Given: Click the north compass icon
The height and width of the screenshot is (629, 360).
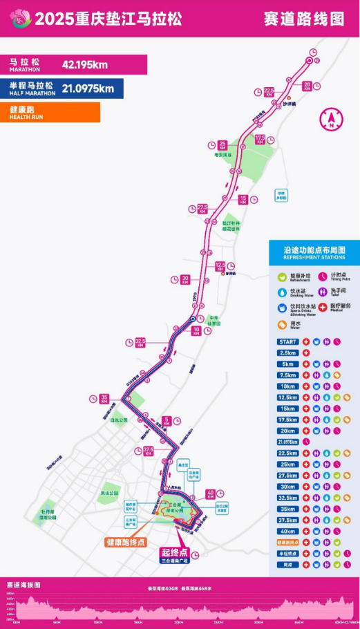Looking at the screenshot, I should [x=332, y=120].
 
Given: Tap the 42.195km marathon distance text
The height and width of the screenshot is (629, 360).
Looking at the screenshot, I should [x=85, y=65].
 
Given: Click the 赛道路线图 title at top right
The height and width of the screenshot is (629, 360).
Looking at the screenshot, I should [x=304, y=19].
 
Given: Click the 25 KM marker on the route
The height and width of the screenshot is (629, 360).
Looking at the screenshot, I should [x=222, y=145].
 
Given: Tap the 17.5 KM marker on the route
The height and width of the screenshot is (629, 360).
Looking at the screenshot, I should [x=260, y=139].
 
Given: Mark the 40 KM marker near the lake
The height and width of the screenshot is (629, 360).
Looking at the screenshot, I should [x=211, y=494].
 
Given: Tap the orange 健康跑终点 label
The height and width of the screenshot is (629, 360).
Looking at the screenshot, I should [x=126, y=542].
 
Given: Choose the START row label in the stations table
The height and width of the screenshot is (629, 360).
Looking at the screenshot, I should [x=287, y=341].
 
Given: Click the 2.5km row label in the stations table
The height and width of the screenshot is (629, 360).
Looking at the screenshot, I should [x=287, y=353].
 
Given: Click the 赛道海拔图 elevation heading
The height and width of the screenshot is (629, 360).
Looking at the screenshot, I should [x=23, y=584].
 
